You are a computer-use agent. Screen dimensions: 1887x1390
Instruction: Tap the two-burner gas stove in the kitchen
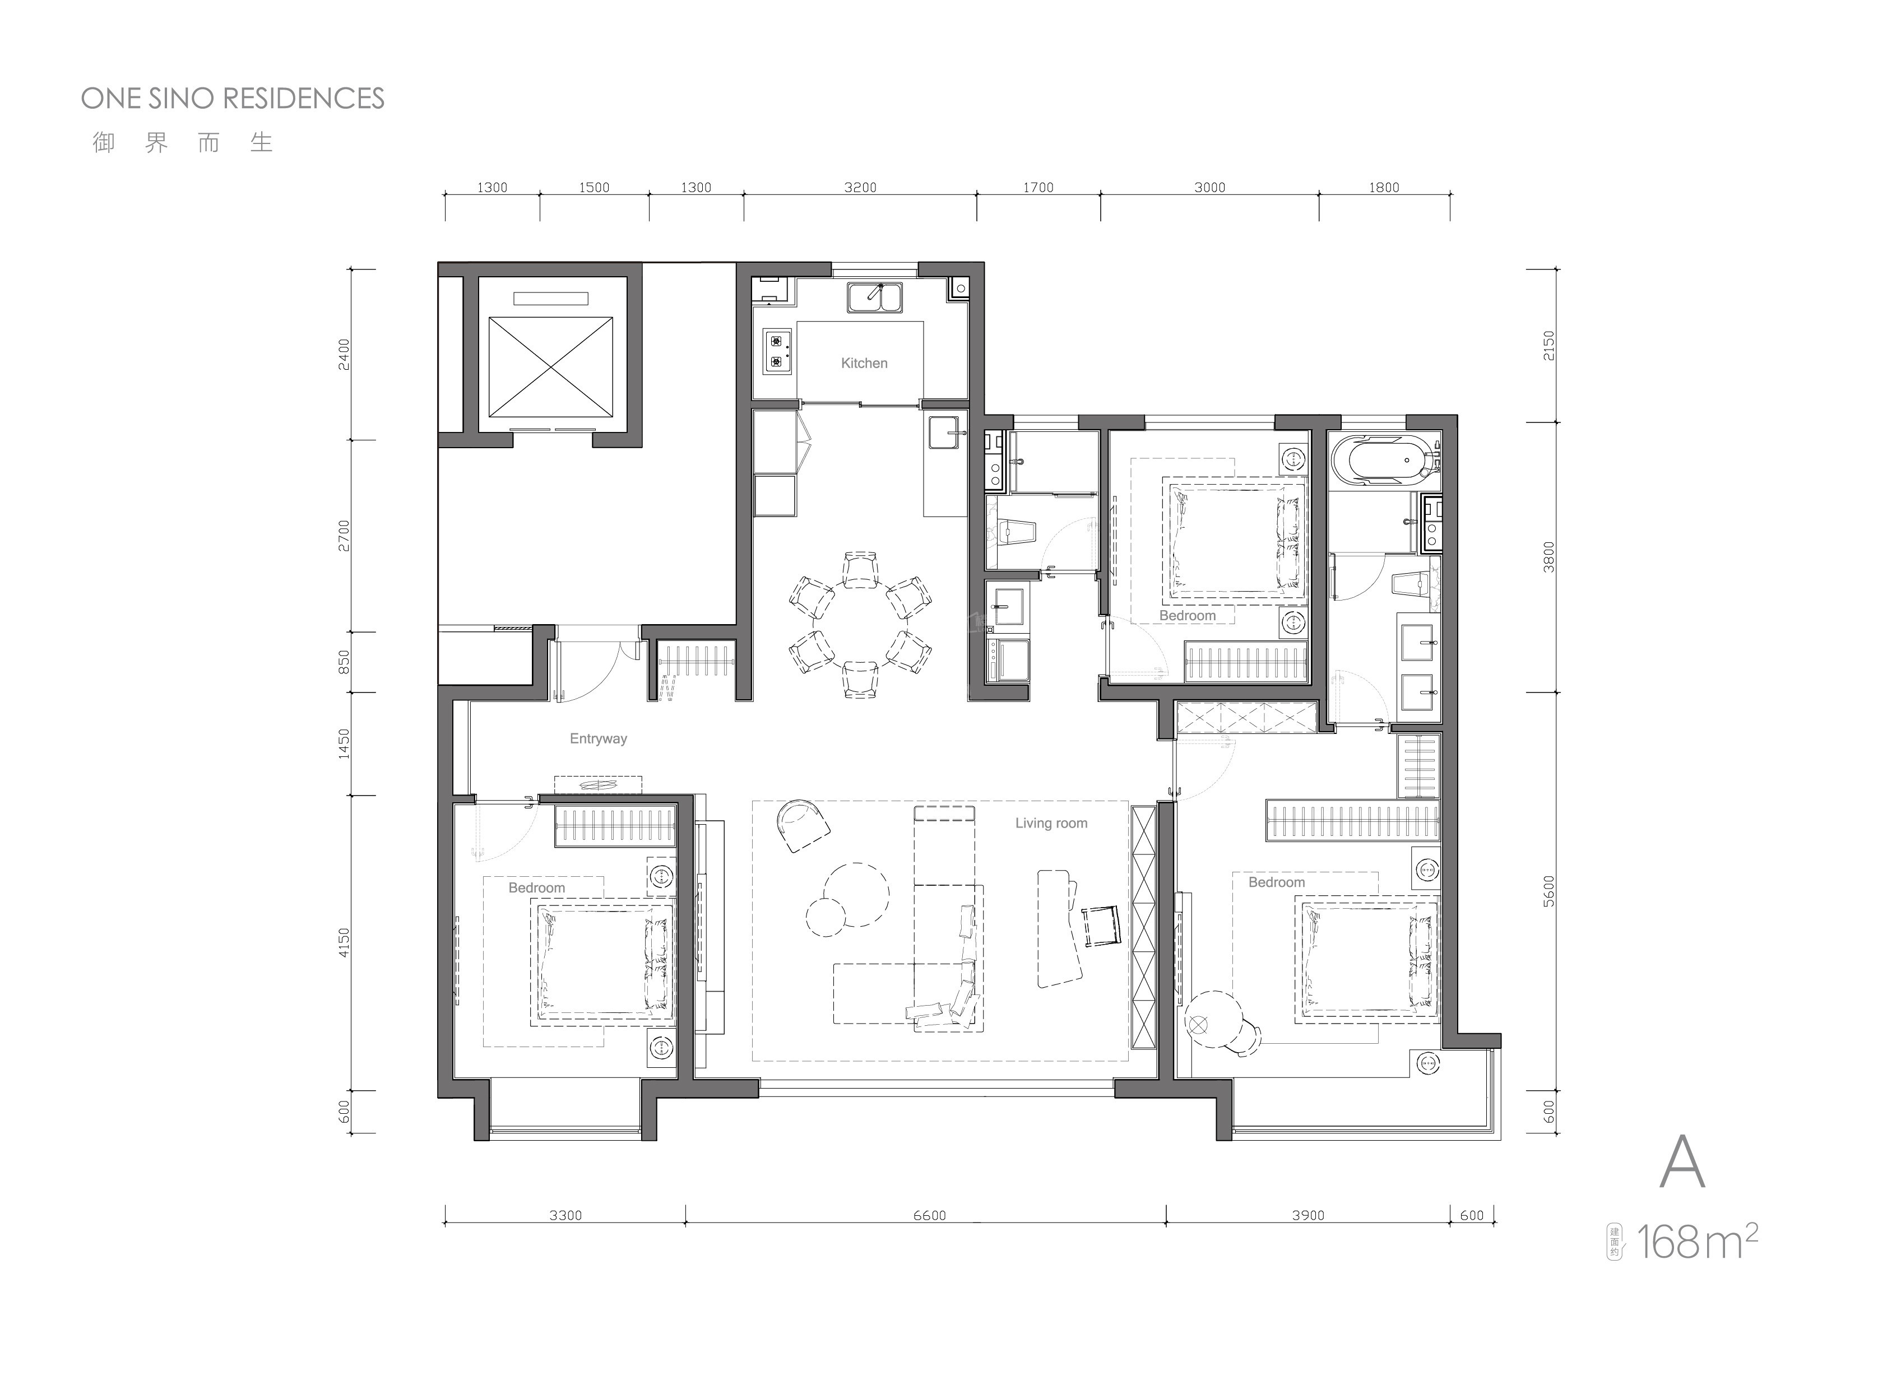(x=777, y=351)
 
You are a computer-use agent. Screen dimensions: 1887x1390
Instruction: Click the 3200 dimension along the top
(x=860, y=188)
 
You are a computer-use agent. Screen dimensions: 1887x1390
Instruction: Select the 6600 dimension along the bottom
(x=929, y=1215)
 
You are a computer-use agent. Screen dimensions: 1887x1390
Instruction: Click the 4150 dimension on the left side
(x=344, y=942)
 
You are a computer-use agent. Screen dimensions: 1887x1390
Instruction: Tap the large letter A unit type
(x=1682, y=1161)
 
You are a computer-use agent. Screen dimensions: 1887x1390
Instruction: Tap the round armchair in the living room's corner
(x=802, y=825)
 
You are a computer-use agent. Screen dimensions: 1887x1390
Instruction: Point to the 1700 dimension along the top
(x=1038, y=188)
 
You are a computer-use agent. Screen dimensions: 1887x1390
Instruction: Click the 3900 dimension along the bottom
(x=1308, y=1215)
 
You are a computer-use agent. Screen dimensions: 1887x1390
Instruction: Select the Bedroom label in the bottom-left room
(x=536, y=887)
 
